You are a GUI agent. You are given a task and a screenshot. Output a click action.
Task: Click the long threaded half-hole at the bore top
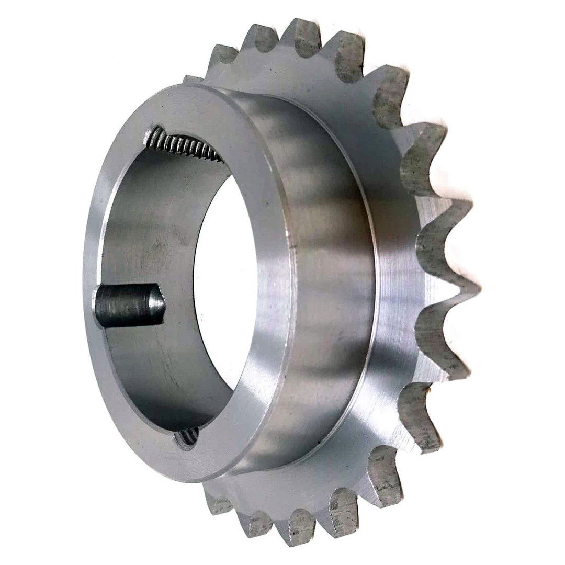click(x=183, y=144)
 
